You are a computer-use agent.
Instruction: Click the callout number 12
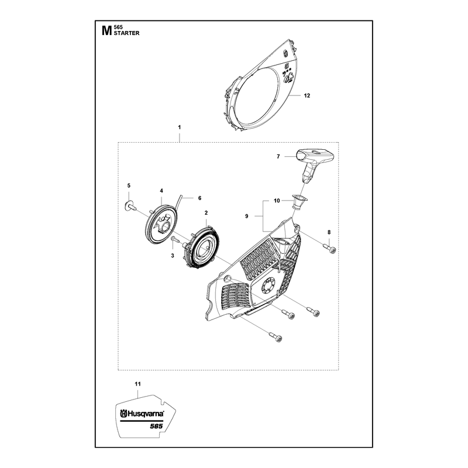click(x=307, y=95)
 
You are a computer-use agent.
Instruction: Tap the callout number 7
click(x=278, y=156)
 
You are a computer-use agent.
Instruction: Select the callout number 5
click(x=129, y=185)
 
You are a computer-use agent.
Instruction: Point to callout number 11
click(x=137, y=384)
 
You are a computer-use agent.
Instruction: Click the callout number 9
click(x=246, y=216)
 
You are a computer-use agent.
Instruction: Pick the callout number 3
click(x=173, y=256)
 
